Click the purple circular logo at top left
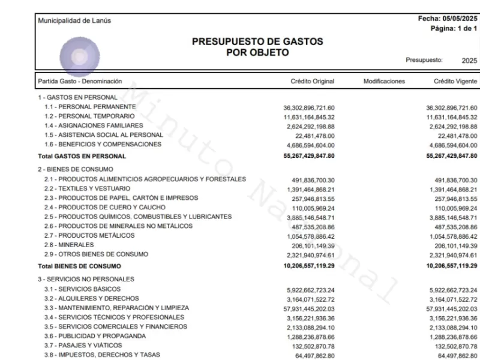click(77, 57)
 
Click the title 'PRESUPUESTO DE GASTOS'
click(257, 41)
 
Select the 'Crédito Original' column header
click(312, 81)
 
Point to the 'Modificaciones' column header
click(384, 81)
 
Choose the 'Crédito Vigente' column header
click(455, 81)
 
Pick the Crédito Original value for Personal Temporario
click(309, 117)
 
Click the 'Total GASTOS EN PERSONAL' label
click(82, 156)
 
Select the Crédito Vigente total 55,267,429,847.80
click(443, 156)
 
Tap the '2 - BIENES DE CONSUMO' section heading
click(76, 170)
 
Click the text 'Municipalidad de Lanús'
click(74, 21)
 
